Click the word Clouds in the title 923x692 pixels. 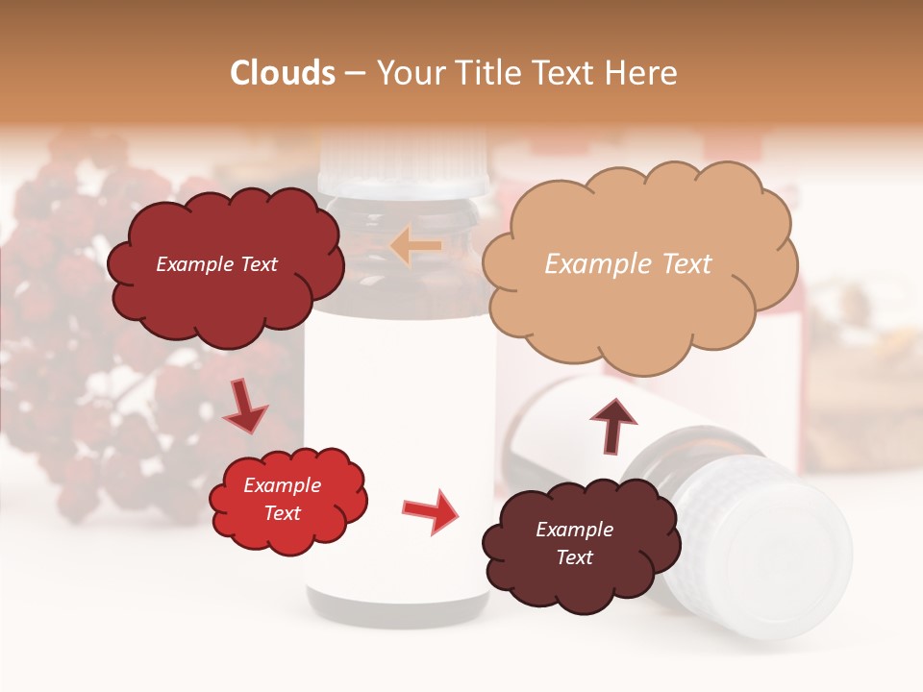point(283,73)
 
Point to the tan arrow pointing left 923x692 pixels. point(415,247)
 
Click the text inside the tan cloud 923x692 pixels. point(628,264)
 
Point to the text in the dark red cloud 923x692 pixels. point(216,264)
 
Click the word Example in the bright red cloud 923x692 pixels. point(282,485)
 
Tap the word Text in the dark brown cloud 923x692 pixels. point(574,557)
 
